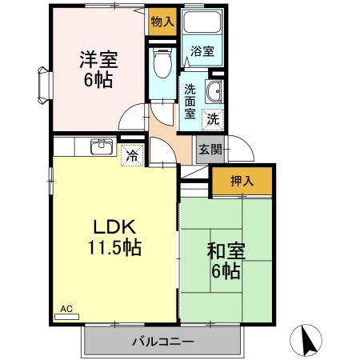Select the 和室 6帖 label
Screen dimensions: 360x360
coord(225,261)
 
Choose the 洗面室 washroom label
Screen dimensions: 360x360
coord(190,100)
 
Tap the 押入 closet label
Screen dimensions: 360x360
coord(242,181)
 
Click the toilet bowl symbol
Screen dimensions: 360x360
coord(162,60)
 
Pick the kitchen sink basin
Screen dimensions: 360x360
coord(102,147)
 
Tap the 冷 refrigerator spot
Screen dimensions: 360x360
coord(131,155)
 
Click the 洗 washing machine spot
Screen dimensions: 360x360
coord(213,120)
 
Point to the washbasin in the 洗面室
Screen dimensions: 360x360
coord(214,91)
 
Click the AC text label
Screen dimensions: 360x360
coord(66,307)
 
